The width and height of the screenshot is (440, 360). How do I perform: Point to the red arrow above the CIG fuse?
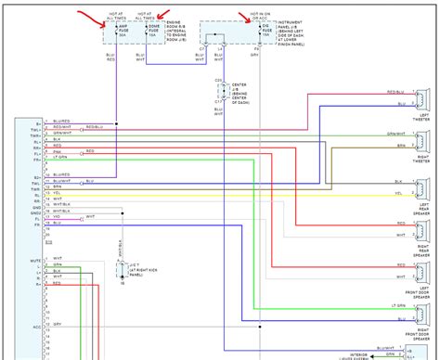[252, 15]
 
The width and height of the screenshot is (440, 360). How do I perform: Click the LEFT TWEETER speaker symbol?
[421, 100]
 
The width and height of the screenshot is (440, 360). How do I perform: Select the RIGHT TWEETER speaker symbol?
[421, 142]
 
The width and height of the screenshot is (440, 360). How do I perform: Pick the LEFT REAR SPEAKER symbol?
[421, 186]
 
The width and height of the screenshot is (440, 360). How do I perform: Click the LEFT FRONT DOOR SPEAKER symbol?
[421, 272]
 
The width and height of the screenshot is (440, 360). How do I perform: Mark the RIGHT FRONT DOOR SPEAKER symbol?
[421, 315]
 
